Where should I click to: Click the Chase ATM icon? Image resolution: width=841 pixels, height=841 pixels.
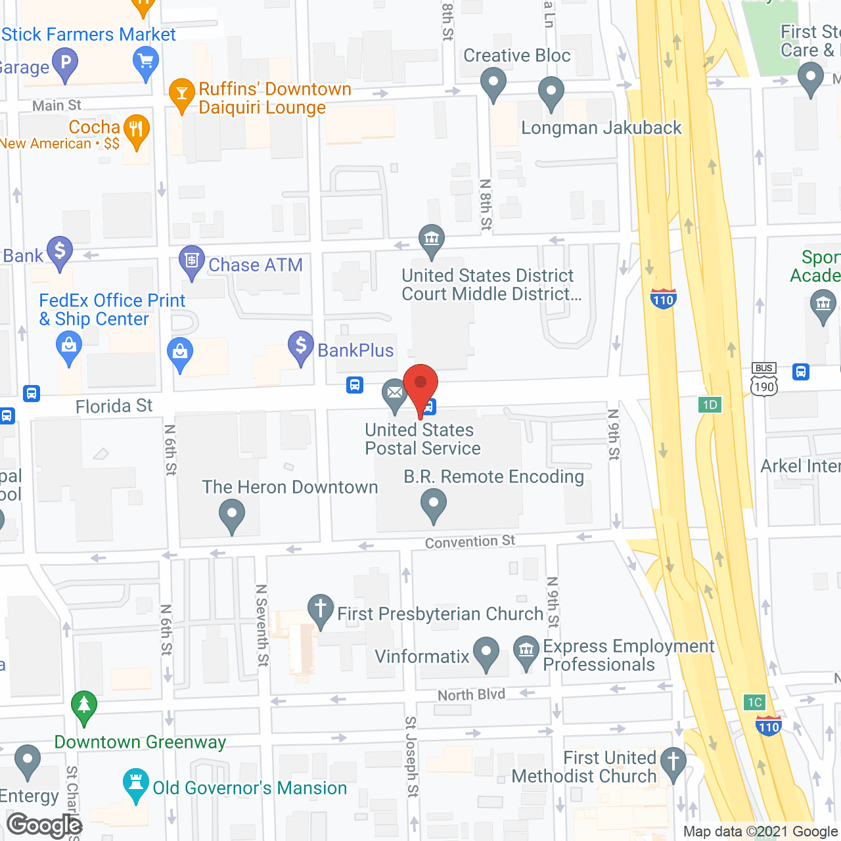pyautogui.click(x=191, y=261)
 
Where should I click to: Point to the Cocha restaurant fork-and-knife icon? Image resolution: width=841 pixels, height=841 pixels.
pyautogui.click(x=136, y=130)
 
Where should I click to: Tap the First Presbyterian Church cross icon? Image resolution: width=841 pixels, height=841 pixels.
pyautogui.click(x=321, y=609)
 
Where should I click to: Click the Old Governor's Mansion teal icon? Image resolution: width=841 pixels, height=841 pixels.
pyautogui.click(x=136, y=784)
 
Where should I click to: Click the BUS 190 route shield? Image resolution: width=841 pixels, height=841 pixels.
pyautogui.click(x=764, y=380)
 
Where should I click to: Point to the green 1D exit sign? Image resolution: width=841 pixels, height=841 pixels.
pyautogui.click(x=710, y=405)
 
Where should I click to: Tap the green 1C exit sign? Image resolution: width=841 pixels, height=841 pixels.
pyautogui.click(x=755, y=702)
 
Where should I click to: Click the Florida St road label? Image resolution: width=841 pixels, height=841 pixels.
pyautogui.click(x=114, y=407)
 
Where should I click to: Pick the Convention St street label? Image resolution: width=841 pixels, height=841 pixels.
pyautogui.click(x=470, y=542)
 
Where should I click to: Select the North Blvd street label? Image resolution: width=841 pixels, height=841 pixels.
pyautogui.click(x=471, y=695)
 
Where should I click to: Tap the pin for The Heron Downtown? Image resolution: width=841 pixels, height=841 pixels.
pyautogui.click(x=231, y=514)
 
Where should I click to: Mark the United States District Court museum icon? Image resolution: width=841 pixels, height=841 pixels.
pyautogui.click(x=432, y=240)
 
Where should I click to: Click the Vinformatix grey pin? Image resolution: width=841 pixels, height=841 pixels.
pyautogui.click(x=486, y=652)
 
